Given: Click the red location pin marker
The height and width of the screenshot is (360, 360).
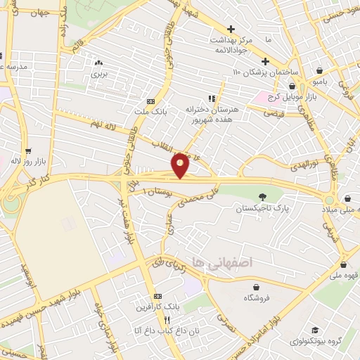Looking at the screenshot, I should [181, 165].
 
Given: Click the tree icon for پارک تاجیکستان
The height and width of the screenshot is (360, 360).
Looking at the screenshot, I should [263, 197].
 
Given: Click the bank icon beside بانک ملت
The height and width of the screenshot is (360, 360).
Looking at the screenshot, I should [149, 100].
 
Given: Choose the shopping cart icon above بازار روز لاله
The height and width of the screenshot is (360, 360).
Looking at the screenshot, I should [28, 150].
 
